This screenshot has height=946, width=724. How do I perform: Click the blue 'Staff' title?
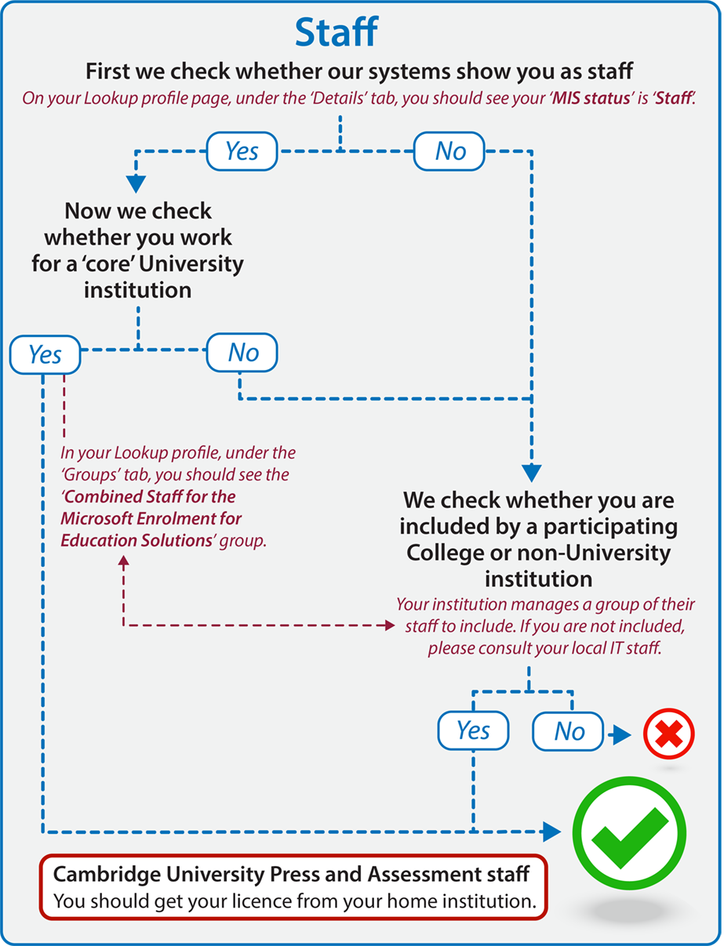click(337, 32)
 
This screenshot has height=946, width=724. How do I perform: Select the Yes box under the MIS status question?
click(242, 151)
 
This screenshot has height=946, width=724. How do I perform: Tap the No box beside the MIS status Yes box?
click(449, 151)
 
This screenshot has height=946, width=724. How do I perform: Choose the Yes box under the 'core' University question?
click(45, 355)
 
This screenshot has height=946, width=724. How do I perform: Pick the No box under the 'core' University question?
click(242, 353)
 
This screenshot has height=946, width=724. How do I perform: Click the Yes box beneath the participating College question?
click(473, 730)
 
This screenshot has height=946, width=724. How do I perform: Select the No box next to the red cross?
click(568, 731)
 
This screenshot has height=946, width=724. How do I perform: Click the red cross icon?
click(669, 734)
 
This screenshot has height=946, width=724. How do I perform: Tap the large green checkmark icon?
click(630, 833)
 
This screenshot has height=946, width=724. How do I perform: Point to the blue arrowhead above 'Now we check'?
click(136, 184)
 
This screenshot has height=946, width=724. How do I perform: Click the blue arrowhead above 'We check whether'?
click(532, 473)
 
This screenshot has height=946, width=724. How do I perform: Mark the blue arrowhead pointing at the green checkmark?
click(552, 832)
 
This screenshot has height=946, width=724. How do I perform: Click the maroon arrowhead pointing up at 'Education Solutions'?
click(124, 560)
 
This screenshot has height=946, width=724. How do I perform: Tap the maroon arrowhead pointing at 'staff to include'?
click(390, 625)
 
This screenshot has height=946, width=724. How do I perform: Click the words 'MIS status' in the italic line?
click(591, 98)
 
